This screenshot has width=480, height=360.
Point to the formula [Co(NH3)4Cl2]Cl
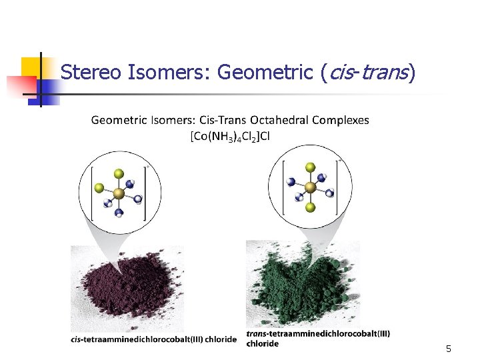point(229,136)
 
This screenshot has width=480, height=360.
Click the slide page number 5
point(449,349)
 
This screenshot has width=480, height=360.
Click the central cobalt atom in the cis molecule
point(118,194)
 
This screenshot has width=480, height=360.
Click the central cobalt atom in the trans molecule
point(309,187)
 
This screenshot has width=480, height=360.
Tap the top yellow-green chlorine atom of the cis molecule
point(118,174)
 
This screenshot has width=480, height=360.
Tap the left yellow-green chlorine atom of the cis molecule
point(99,189)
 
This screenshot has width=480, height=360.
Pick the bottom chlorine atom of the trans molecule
point(309,208)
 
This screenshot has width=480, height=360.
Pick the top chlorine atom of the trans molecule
point(309,167)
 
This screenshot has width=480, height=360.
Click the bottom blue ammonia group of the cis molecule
point(119,213)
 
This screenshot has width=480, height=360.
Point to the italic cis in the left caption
point(77,339)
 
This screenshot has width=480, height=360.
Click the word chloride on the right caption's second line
point(263,344)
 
